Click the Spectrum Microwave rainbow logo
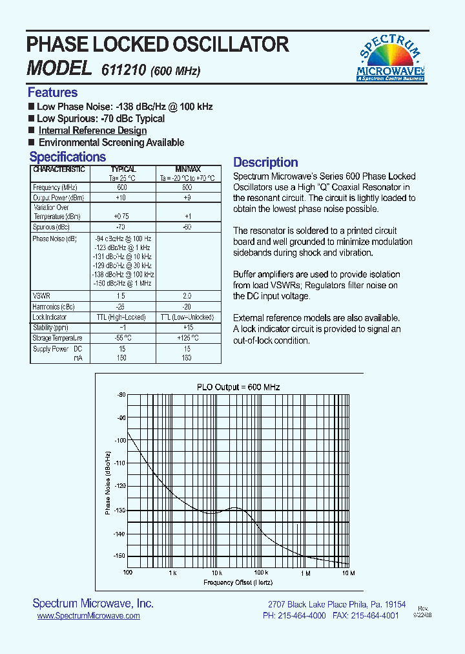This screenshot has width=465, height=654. (390, 58)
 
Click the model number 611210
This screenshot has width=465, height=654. (124, 70)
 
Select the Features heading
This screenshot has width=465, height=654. (52, 92)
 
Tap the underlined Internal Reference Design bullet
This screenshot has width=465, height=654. (92, 131)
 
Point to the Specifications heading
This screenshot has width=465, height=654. (67, 157)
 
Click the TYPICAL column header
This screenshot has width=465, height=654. (123, 169)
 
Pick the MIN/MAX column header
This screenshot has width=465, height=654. (188, 169)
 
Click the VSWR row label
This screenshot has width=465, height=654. (41, 295)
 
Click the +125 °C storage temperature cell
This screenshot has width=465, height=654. (187, 337)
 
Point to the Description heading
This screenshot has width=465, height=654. (265, 162)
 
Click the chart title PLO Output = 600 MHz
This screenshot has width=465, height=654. (238, 387)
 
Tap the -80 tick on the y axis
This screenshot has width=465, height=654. (121, 395)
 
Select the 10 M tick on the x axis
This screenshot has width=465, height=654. (347, 573)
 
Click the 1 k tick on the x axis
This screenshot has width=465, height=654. (172, 573)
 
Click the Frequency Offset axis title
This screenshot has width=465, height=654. (238, 583)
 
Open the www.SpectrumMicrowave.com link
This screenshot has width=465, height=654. (88, 617)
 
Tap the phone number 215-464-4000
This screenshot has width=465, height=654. (302, 617)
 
